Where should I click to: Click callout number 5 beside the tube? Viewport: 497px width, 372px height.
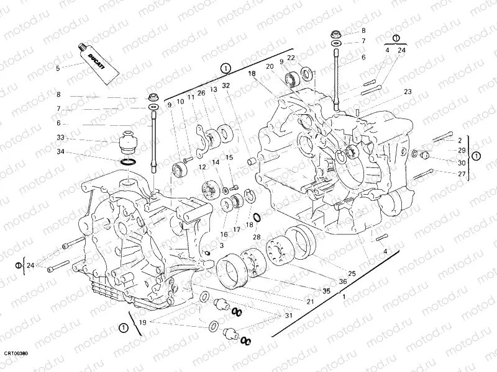[58, 68]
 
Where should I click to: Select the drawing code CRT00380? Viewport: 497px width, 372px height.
[16, 353]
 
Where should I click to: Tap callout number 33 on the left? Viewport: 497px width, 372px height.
[60, 138]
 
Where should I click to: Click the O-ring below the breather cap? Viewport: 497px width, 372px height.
[127, 162]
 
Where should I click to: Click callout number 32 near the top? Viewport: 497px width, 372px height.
[226, 86]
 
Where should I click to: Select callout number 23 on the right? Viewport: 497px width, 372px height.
[407, 92]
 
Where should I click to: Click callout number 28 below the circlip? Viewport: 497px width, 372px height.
[256, 237]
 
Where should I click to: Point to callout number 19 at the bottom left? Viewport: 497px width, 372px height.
[142, 322]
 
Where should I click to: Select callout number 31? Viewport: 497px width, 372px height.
[288, 316]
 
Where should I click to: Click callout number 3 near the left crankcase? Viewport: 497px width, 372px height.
[212, 246]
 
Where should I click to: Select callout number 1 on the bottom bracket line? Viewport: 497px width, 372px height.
[344, 297]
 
